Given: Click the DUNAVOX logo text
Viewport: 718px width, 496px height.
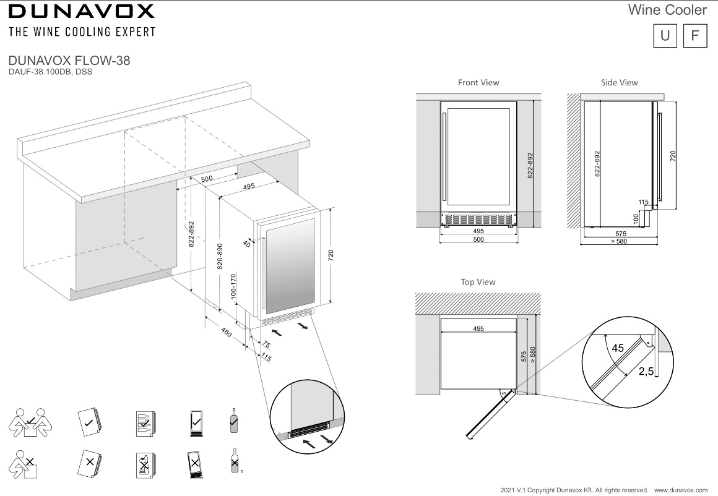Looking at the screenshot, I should [x=81, y=11].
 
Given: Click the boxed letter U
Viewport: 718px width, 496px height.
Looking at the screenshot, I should [x=665, y=36].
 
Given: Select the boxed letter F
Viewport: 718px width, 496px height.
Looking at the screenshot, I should [x=694, y=36].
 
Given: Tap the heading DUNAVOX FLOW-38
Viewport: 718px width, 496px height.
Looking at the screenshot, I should [x=69, y=61].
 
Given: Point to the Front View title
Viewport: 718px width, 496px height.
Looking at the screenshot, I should [x=478, y=82].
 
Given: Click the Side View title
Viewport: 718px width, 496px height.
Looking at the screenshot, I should [x=619, y=82].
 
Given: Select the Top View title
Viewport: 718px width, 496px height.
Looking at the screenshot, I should [x=478, y=282].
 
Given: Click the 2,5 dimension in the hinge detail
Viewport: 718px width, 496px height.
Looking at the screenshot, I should [x=646, y=371].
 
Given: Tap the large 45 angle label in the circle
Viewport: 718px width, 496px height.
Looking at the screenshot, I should [x=617, y=348].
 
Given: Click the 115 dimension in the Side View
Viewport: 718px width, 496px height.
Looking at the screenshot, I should [x=643, y=202].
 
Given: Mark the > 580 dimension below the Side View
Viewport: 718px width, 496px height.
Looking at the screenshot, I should [x=619, y=242].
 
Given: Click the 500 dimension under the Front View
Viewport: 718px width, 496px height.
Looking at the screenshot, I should [x=478, y=239].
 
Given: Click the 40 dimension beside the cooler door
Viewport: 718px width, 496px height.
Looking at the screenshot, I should [x=247, y=244].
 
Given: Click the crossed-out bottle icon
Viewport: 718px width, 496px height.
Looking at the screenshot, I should [x=234, y=461].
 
